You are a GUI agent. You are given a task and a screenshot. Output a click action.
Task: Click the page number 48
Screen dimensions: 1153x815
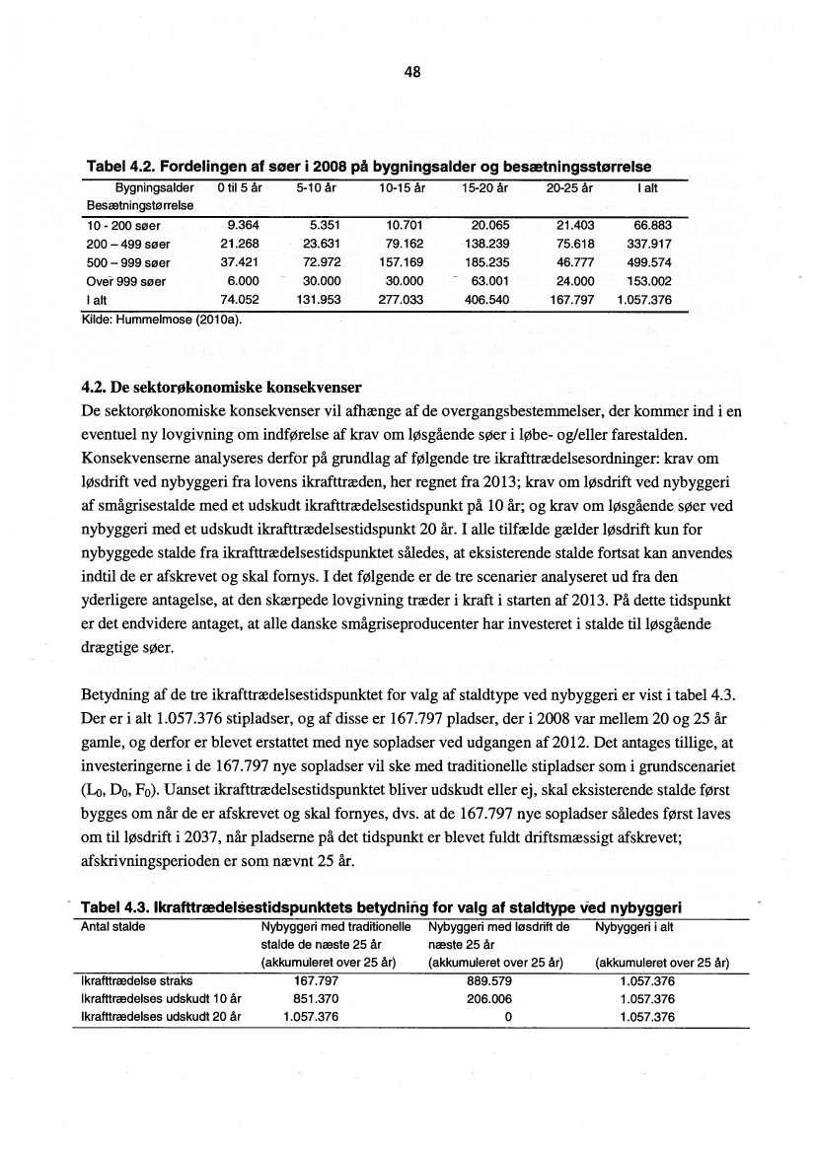point(412,71)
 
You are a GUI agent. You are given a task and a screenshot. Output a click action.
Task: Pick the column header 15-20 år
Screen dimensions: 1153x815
point(483,186)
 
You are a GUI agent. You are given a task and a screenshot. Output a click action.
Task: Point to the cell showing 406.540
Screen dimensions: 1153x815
point(483,299)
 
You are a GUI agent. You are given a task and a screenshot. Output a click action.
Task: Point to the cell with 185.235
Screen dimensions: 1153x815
point(483,262)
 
